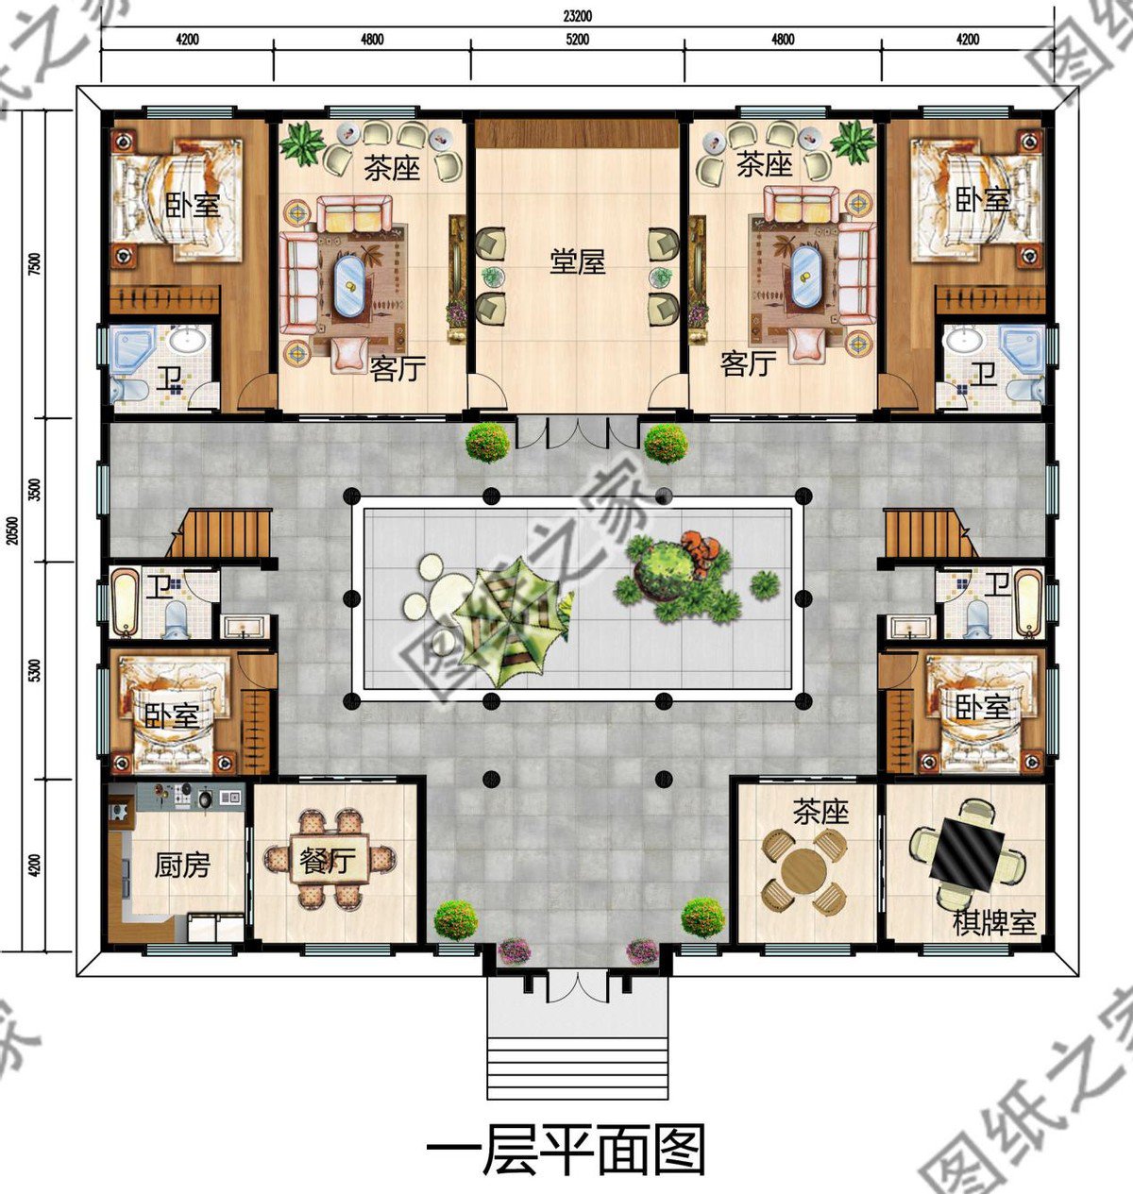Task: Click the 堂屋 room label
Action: pyautogui.click(x=577, y=263)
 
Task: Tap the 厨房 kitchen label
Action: pyautogui.click(x=181, y=866)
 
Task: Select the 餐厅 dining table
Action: pyautogui.click(x=330, y=860)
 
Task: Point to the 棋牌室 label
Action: pyautogui.click(x=994, y=924)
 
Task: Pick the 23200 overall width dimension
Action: pyautogui.click(x=577, y=16)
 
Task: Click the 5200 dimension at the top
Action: pyautogui.click(x=577, y=40)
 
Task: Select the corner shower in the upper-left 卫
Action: pyautogui.click(x=133, y=349)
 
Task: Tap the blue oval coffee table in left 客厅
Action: pyautogui.click(x=349, y=285)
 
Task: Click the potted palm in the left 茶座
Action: pyautogui.click(x=302, y=143)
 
